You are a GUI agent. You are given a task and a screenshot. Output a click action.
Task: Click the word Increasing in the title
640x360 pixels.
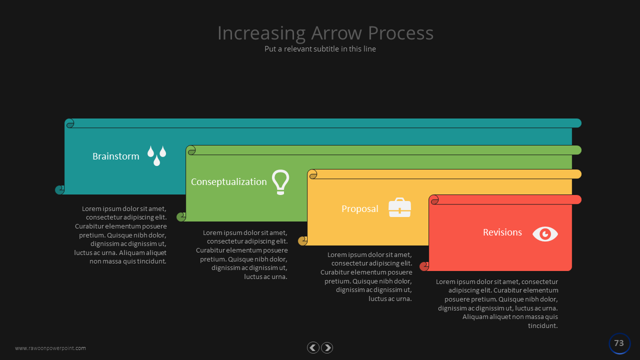click(x=261, y=33)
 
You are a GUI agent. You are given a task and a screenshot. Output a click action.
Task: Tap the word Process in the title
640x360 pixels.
click(x=400, y=33)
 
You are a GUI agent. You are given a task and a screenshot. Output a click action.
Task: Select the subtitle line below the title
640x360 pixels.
click(x=320, y=49)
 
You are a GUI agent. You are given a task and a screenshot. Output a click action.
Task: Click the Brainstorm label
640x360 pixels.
click(x=115, y=156)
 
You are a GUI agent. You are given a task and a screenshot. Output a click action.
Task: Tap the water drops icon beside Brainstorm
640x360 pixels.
click(x=156, y=155)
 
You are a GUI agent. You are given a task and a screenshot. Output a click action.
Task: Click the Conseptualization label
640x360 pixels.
click(x=228, y=182)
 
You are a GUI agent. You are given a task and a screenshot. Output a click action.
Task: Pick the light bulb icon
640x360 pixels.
click(x=280, y=182)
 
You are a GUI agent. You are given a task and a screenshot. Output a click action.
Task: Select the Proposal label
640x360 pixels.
click(x=359, y=209)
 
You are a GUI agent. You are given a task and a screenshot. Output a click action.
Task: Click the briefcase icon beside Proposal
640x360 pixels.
click(x=399, y=207)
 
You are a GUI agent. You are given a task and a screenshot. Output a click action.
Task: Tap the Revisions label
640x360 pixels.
click(x=502, y=232)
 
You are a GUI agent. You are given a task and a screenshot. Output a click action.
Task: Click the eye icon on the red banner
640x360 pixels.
click(x=545, y=234)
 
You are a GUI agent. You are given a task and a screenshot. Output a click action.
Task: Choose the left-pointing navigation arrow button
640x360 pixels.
click(x=313, y=347)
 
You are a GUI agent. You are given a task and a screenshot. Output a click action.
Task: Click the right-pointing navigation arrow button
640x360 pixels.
click(x=327, y=347)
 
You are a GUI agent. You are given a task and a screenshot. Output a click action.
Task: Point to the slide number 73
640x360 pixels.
click(x=619, y=343)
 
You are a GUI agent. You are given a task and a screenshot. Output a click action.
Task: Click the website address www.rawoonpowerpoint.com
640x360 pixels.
click(x=50, y=348)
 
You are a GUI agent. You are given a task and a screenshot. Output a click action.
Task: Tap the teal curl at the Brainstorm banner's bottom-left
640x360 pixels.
click(x=59, y=190)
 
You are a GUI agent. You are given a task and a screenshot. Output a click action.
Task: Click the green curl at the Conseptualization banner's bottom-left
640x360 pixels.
click(x=181, y=217)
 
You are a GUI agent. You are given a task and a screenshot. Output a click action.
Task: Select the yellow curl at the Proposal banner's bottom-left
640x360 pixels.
click(x=302, y=241)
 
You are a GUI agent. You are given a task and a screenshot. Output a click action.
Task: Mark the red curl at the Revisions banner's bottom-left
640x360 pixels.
click(x=424, y=266)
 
